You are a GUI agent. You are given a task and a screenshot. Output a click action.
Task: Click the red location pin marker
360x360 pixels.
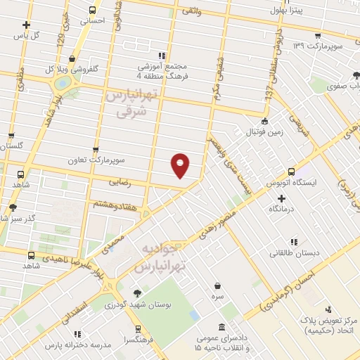coord(181,165)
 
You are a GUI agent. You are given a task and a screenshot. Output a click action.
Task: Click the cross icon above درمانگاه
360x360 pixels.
coord(281,198)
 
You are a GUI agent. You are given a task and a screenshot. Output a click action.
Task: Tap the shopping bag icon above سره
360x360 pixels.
coord(218,285)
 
